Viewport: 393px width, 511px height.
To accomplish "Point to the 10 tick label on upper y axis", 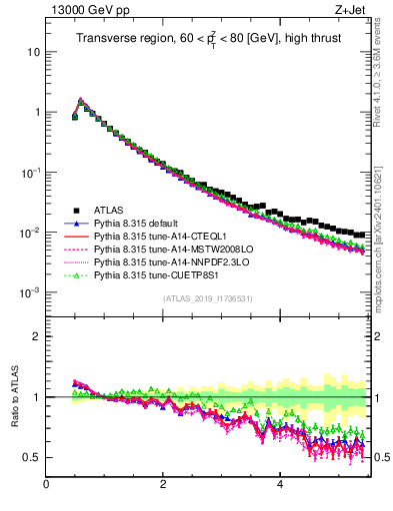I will click(x=34, y=51).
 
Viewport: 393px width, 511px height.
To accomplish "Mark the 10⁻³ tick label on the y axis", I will click(x=31, y=291).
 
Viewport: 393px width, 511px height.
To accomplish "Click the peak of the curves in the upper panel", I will click(x=81, y=100).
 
